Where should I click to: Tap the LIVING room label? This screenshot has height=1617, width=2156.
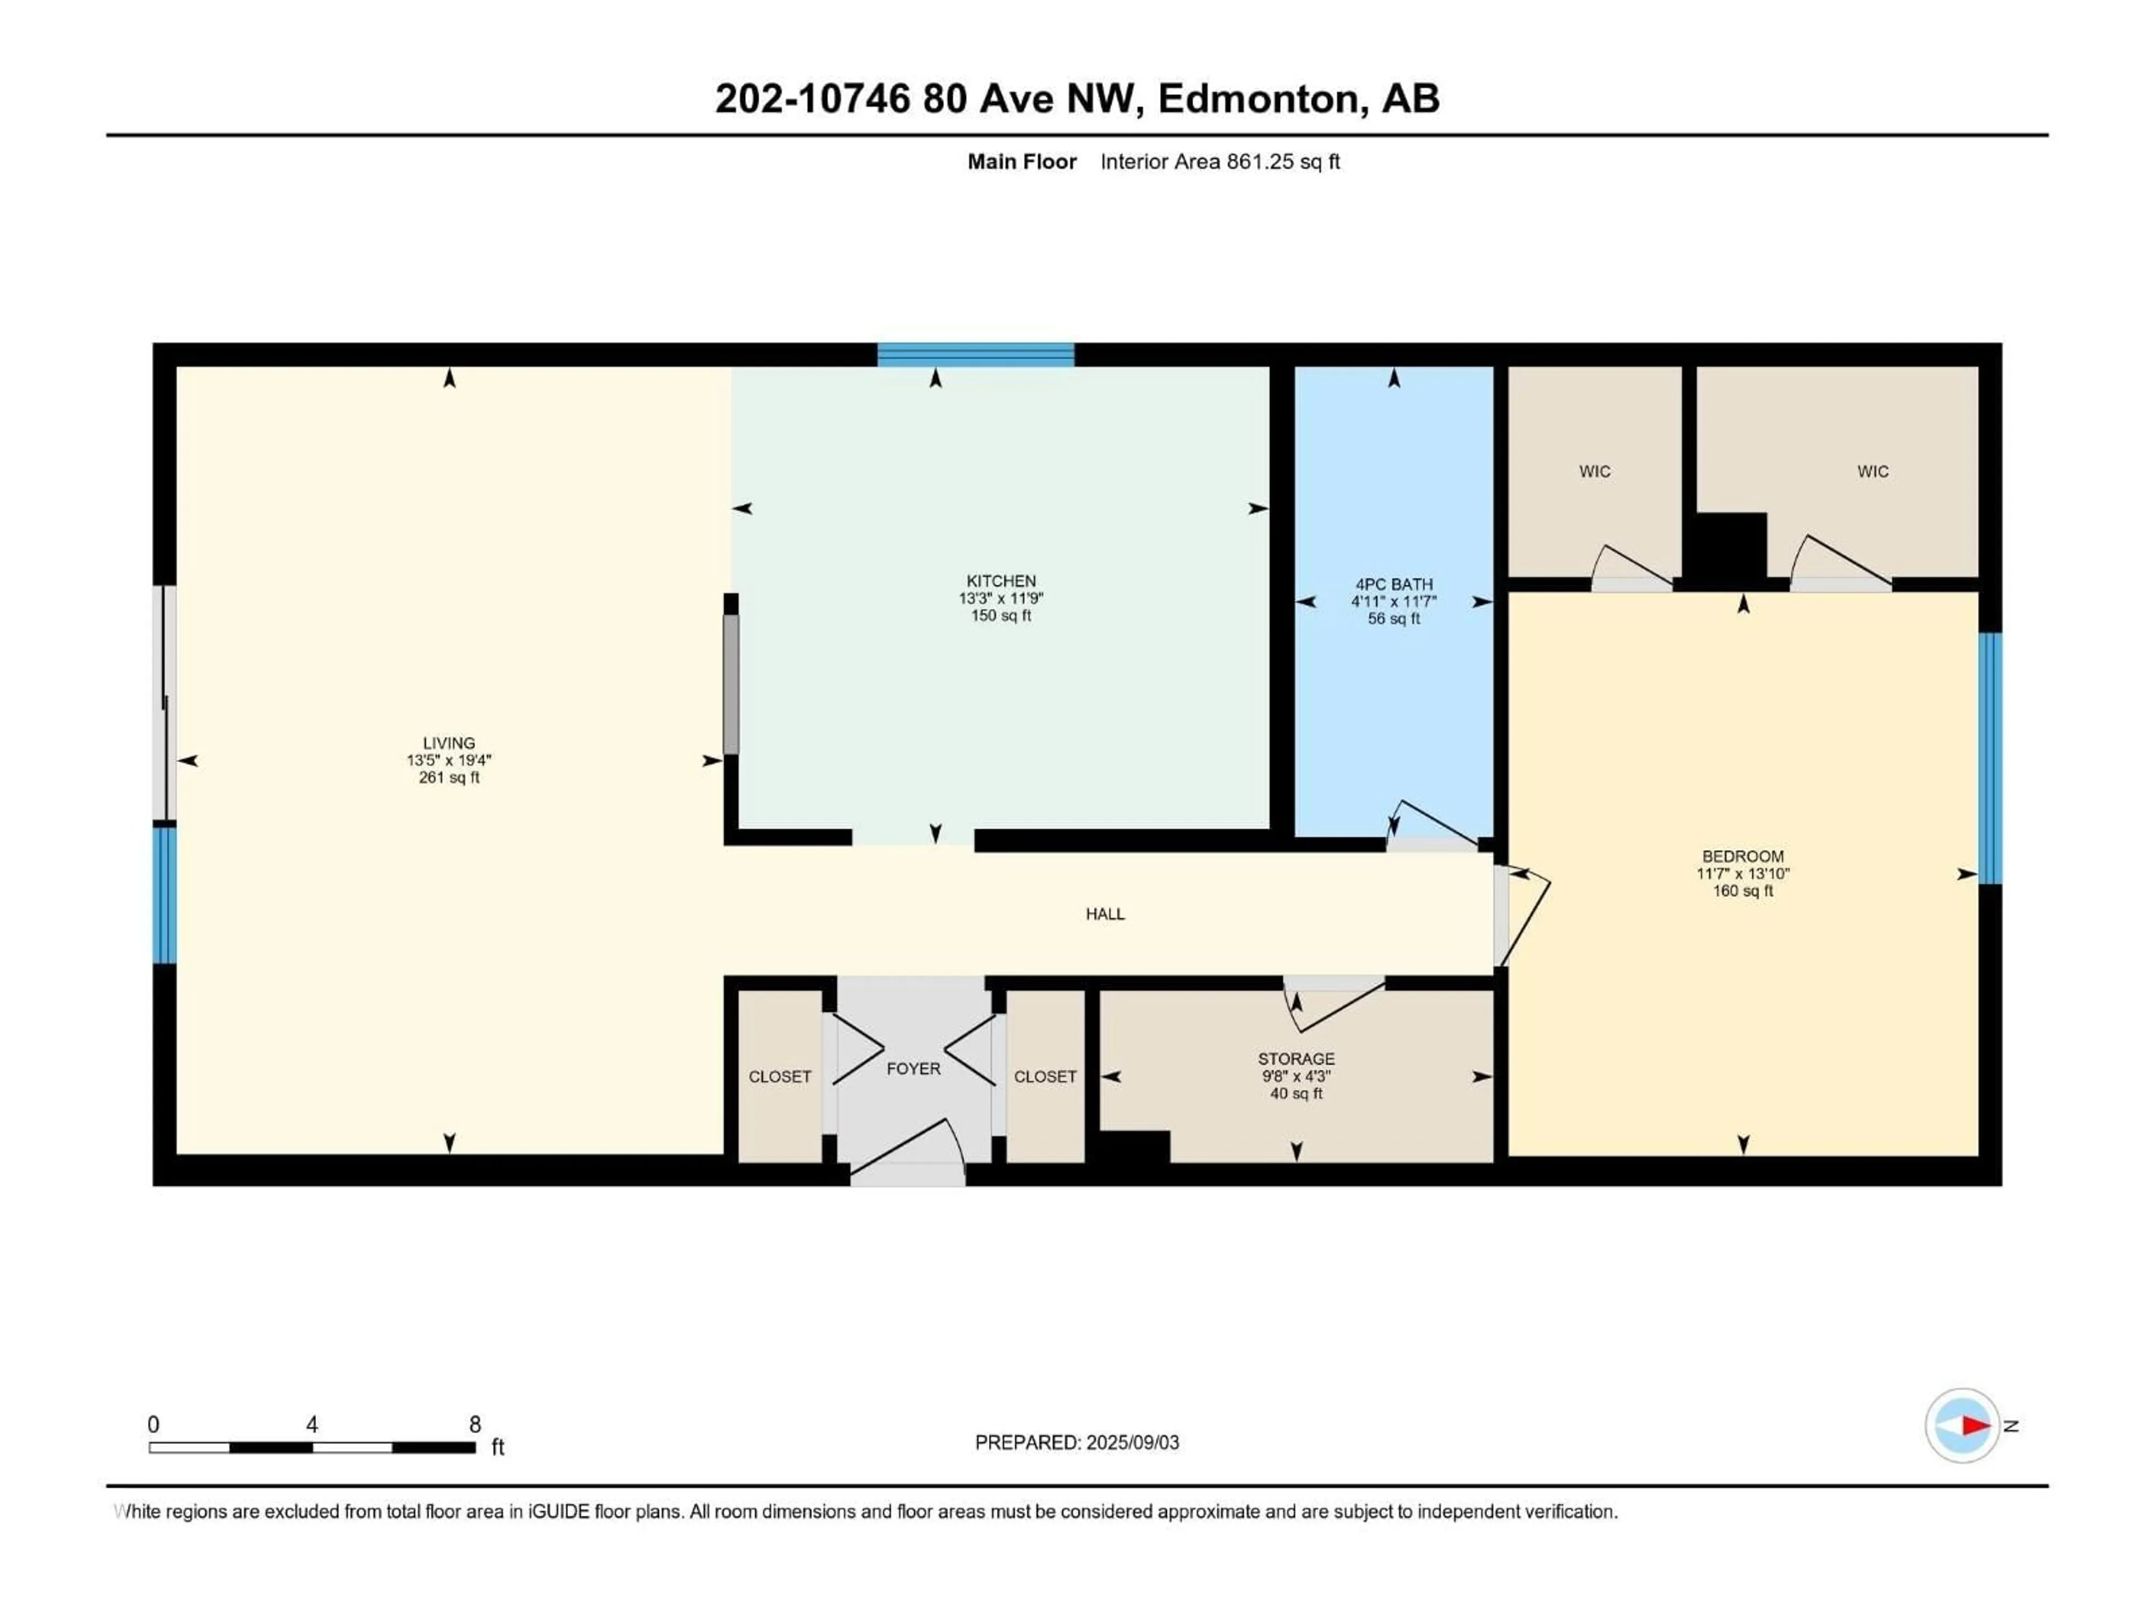coord(449,743)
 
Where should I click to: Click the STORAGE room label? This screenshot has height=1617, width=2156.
coord(1295,1058)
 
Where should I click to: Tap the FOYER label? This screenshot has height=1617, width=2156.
coord(913,1069)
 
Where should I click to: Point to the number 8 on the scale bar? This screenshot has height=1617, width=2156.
coord(474,1424)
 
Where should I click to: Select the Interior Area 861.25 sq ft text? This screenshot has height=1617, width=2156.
coord(1219,162)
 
